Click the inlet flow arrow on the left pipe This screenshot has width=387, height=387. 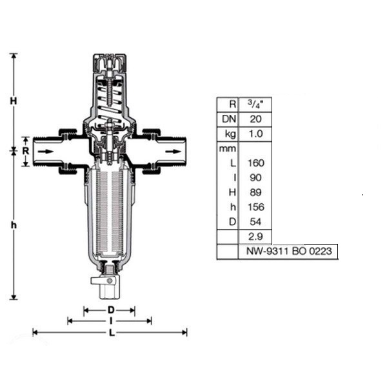click(x=46, y=152)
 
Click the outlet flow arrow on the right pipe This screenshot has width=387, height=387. click(x=173, y=152)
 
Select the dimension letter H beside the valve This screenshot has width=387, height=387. click(x=14, y=101)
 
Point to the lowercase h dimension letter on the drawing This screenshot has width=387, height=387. click(x=14, y=225)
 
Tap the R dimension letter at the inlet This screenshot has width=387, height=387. click(x=26, y=151)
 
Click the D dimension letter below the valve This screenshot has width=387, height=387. click(x=111, y=310)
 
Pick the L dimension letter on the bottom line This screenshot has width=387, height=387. click(x=112, y=333)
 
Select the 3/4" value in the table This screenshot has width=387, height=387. click(x=255, y=104)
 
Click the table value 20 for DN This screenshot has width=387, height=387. click(x=255, y=119)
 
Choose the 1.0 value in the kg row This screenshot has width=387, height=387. click(x=255, y=134)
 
